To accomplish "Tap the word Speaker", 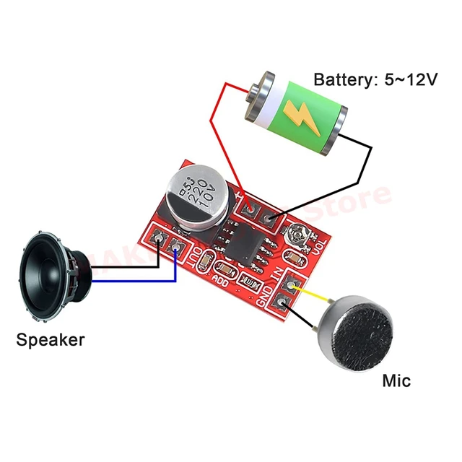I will [x=51, y=339].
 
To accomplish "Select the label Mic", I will [x=396, y=380].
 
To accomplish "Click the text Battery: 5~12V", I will [x=375, y=79].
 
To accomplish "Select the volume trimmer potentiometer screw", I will [x=295, y=234].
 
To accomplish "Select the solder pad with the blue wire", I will [x=176, y=246].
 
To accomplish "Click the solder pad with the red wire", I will [x=250, y=209].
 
